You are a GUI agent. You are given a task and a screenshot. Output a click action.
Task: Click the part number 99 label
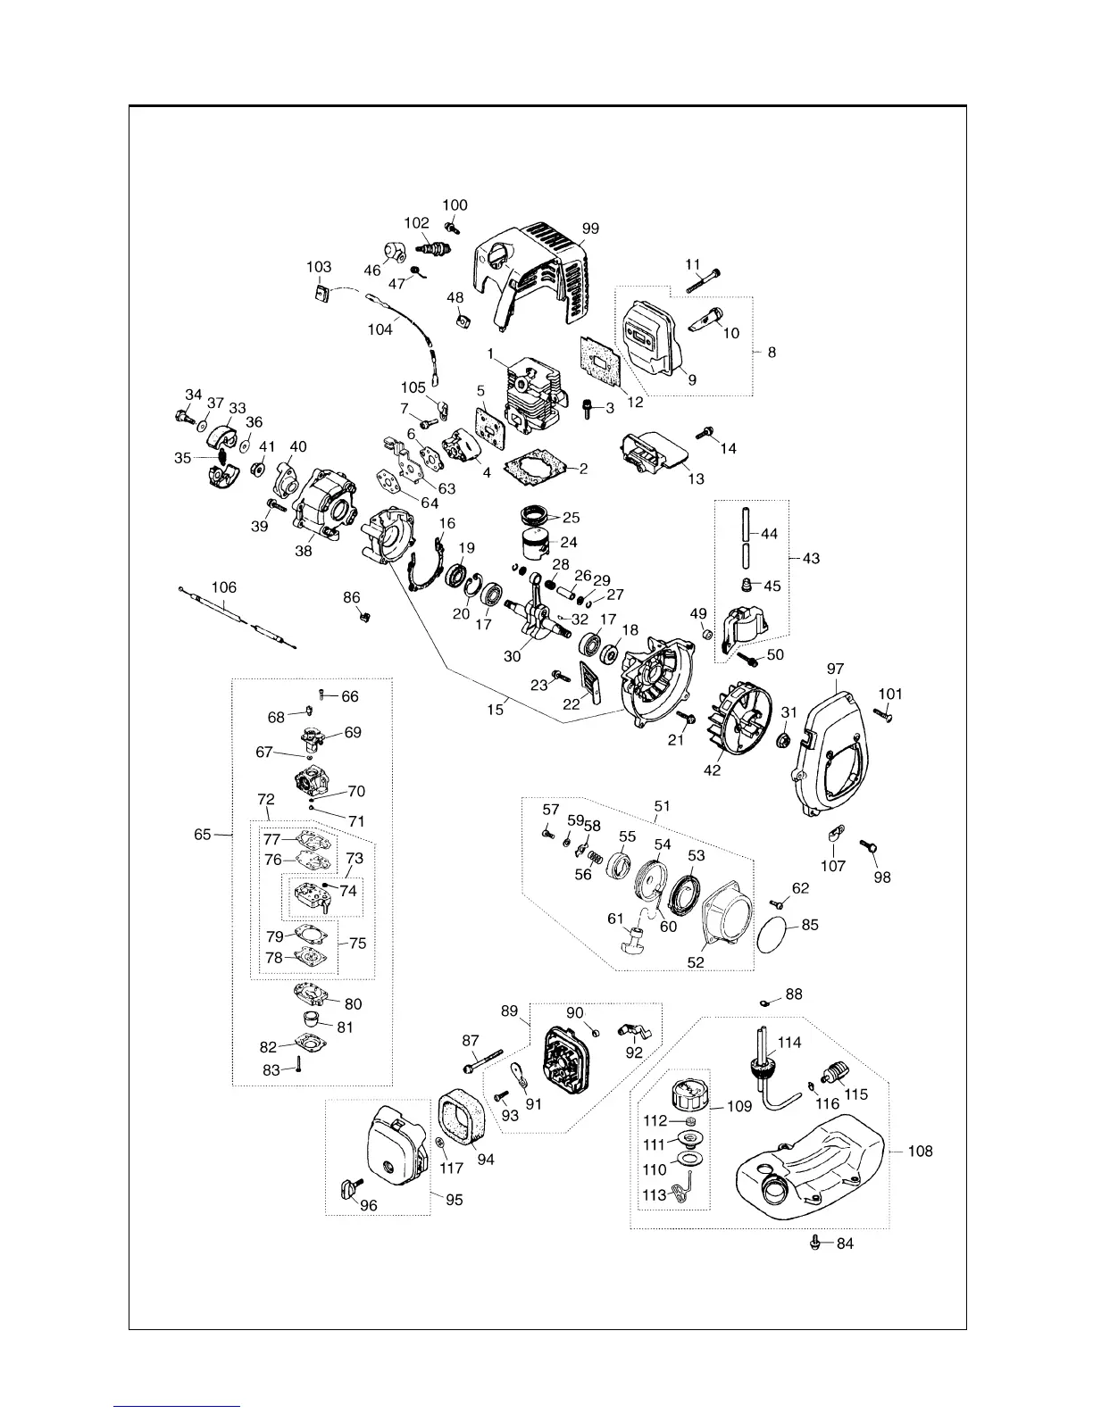[589, 229]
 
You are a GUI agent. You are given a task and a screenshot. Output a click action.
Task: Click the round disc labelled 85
[773, 938]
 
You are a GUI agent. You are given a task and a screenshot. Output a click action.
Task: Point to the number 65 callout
[203, 835]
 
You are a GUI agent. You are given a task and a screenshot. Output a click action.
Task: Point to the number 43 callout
[811, 559]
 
